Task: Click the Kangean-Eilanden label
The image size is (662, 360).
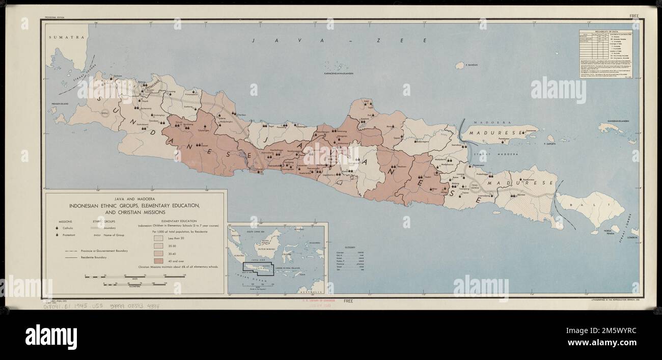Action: point(615,121)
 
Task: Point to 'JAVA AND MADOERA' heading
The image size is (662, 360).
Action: point(135,198)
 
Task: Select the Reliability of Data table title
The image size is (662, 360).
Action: point(607,32)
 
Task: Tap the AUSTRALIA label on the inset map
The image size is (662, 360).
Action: point(311,291)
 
